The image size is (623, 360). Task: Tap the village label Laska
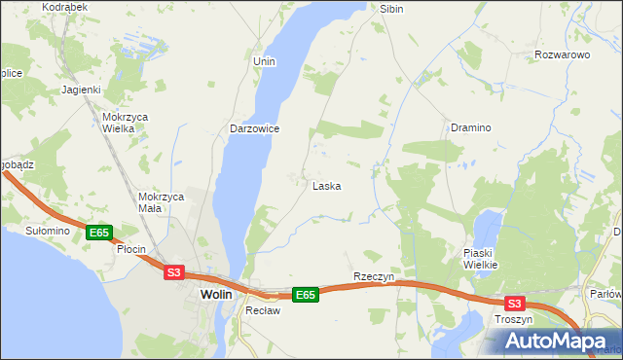coord(326,186)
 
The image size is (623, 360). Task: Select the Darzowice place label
coord(255,128)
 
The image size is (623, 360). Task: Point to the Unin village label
coord(265,61)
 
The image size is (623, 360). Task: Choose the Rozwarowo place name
coord(563,55)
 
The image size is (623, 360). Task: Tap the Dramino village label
coord(470,127)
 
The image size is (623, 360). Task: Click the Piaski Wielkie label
coord(481,259)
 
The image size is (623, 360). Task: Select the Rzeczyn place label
coord(374,276)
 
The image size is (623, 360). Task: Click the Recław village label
coord(263,311)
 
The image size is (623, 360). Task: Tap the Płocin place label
coord(130,249)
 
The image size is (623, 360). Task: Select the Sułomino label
coord(48,231)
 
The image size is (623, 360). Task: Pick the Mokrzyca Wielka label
coord(125,122)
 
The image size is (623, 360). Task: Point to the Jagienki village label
coord(82,90)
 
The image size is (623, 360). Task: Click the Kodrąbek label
coord(65,7)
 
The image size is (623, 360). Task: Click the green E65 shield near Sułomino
coord(98,233)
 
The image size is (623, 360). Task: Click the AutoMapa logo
coord(556,341)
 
